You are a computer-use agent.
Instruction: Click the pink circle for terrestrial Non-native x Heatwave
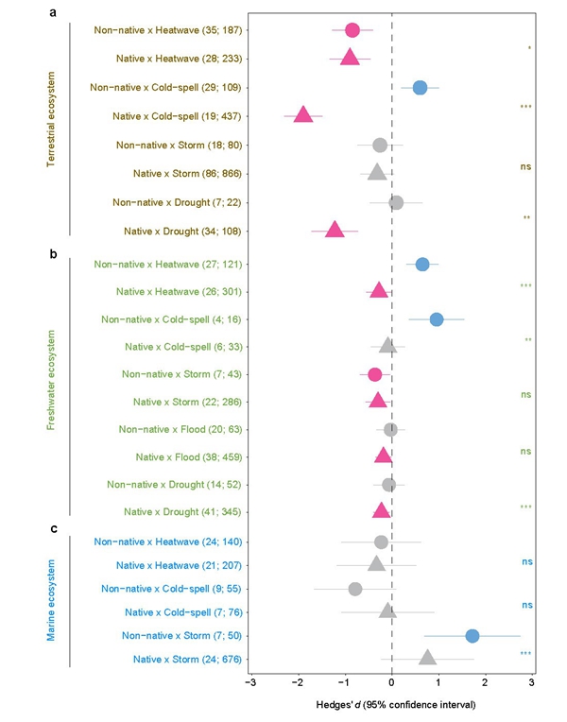coord(352,30)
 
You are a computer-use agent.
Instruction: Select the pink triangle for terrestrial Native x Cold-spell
coord(303,115)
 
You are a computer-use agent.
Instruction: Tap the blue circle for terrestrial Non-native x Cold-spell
coord(420,87)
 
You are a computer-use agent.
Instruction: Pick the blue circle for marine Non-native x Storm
coord(472,635)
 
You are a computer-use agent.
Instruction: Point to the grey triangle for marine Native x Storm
coord(427,658)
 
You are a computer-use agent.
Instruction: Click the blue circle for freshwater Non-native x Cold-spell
coord(437,319)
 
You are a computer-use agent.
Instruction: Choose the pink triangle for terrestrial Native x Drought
coord(334,230)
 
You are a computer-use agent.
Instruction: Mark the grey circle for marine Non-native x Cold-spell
coord(355,589)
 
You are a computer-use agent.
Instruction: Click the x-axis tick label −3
coord(250,682)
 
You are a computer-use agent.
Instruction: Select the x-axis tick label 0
coord(391,682)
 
